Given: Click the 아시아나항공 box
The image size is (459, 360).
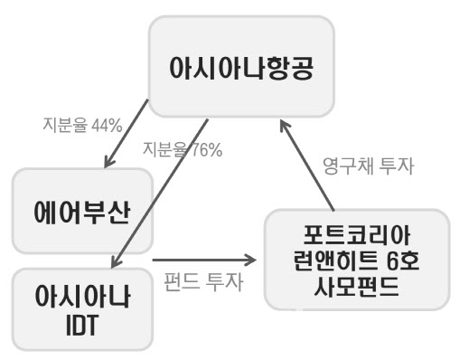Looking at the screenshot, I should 241,68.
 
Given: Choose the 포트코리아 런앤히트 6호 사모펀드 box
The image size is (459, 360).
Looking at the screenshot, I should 357,261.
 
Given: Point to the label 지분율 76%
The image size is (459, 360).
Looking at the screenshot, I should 182,150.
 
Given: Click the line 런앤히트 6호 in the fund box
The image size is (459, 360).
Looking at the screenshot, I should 357,261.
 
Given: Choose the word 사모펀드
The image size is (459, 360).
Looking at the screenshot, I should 357,286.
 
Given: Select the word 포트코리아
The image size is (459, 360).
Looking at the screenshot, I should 357,237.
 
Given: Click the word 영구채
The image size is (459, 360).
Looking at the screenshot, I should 349,166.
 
